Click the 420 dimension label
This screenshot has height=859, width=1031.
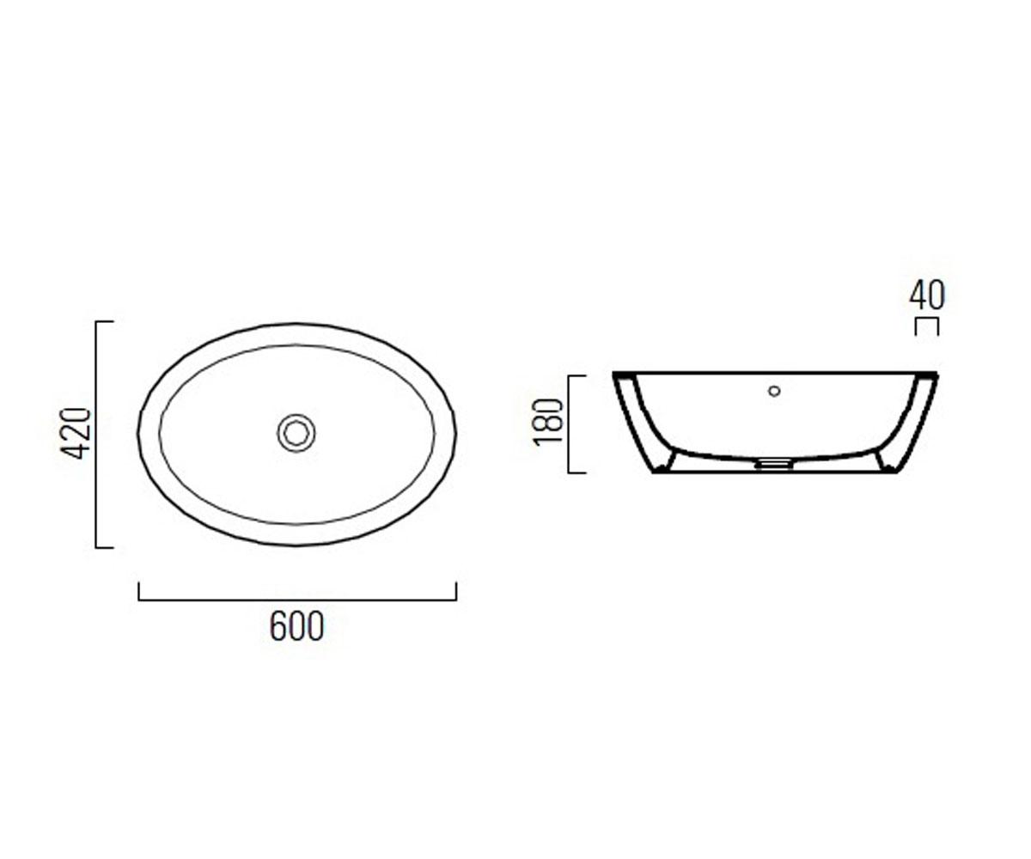[76, 434]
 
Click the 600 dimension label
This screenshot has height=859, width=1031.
[296, 626]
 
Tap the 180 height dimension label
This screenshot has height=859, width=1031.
[549, 422]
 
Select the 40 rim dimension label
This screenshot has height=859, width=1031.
[927, 295]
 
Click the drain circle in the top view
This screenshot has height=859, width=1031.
[296, 433]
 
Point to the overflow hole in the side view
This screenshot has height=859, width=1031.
[774, 391]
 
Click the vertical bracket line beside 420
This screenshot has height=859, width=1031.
[95, 435]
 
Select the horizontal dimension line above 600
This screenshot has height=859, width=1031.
[297, 600]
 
